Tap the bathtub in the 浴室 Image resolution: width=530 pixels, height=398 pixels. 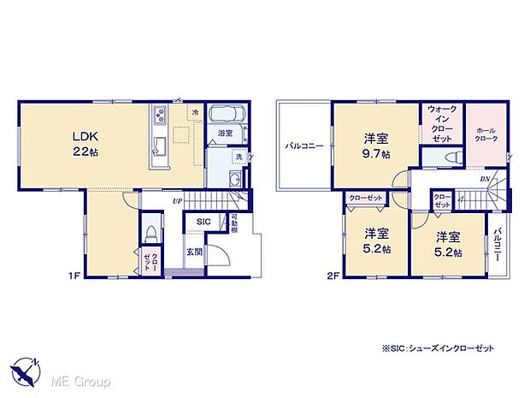[227, 116]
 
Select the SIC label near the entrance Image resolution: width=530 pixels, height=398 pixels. [203, 222]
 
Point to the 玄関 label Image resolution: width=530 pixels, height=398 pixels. [196, 252]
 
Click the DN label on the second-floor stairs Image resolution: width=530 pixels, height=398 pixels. [485, 178]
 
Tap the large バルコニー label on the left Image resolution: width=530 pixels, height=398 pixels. [304, 146]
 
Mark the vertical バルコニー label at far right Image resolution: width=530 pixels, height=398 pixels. [500, 243]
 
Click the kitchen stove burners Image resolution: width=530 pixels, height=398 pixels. [158, 116]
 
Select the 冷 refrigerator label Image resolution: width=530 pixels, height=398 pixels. [195, 113]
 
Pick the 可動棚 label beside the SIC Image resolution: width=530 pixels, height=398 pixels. [234, 224]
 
